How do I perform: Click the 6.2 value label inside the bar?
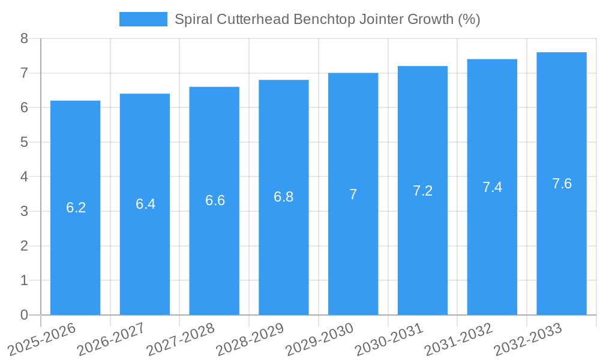pos(76,208)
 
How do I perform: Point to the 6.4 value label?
pos(145,204)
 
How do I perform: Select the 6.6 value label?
pos(215,200)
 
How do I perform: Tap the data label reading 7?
pos(353,194)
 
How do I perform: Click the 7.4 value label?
pos(492,187)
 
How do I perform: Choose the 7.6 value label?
pos(562,184)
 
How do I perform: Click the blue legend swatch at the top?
pos(143,19)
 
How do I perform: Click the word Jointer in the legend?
pos(381,19)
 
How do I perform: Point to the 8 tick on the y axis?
pos(24,38)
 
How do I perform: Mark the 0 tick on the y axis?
pos(24,315)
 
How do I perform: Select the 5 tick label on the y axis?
pos(24,142)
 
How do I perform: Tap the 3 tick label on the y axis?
pos(24,211)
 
